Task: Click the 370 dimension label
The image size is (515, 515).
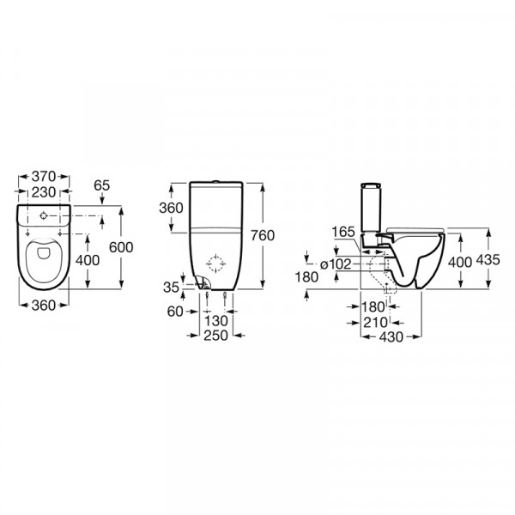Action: (x=44, y=177)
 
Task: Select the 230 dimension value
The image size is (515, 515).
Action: (x=44, y=192)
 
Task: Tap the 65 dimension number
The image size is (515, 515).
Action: (x=101, y=185)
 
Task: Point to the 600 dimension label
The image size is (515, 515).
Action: (x=121, y=247)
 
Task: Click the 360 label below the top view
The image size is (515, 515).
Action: (x=44, y=306)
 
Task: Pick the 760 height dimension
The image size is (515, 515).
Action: (x=263, y=235)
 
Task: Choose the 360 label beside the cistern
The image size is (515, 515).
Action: (x=171, y=208)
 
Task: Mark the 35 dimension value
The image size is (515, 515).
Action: (x=171, y=288)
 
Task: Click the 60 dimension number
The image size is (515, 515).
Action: (x=175, y=312)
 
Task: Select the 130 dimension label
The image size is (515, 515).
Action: (x=215, y=320)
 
